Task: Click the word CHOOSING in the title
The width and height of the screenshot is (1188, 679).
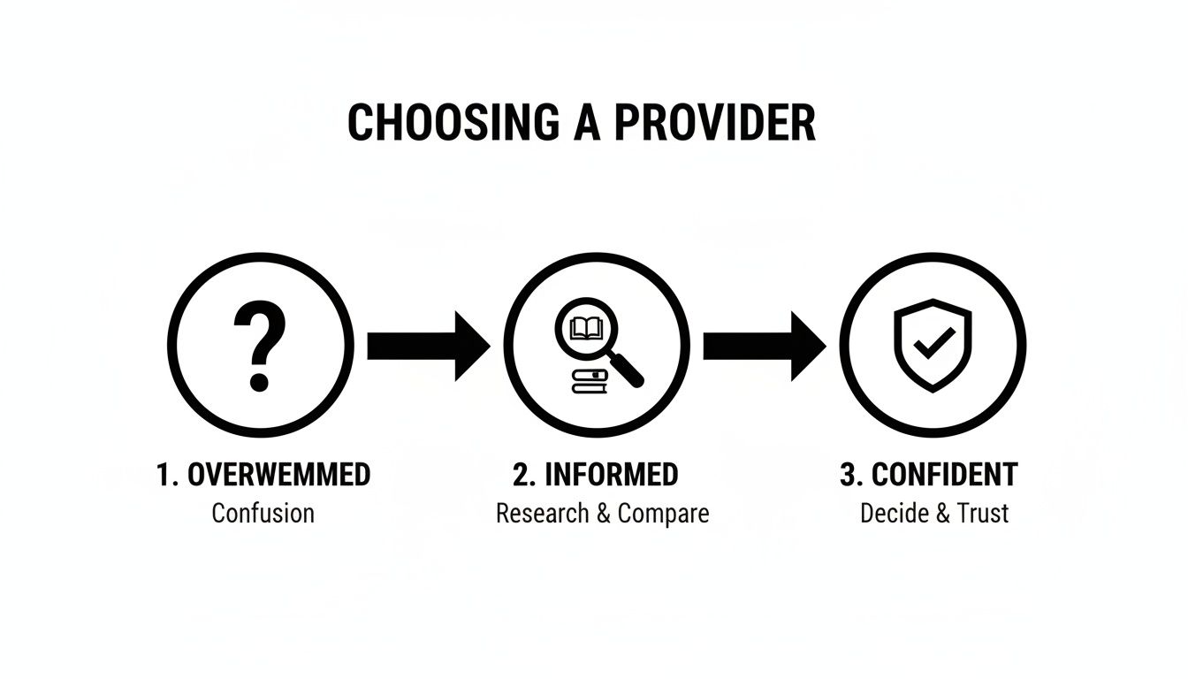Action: point(453,123)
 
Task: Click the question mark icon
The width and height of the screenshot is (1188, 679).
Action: point(260,346)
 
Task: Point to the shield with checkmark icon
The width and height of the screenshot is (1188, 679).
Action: point(933,346)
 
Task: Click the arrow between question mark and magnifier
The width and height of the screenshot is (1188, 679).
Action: point(427,346)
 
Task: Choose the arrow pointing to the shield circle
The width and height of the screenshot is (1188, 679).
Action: point(763,346)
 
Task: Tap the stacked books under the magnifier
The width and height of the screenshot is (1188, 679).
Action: point(590,382)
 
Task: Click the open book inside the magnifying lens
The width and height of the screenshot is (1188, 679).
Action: point(585,329)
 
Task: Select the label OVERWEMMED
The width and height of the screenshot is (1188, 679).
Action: point(278,475)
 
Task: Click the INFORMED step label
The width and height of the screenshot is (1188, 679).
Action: point(611,475)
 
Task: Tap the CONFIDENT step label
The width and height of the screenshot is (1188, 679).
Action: point(945,475)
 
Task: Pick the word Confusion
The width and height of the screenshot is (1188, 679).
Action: point(263,513)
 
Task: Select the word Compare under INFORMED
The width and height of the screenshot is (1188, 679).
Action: point(663,513)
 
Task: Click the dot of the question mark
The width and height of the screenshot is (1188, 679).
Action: point(259,382)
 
